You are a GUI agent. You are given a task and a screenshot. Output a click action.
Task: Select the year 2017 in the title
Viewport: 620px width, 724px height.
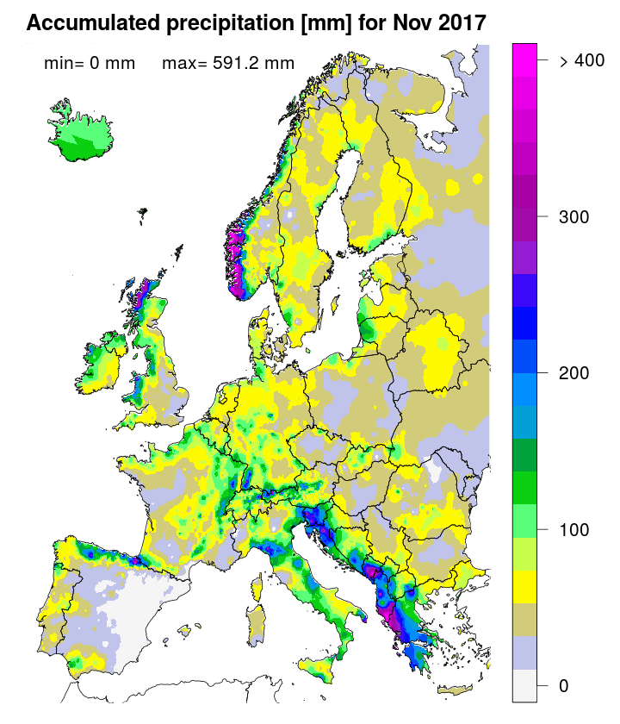click(x=463, y=23)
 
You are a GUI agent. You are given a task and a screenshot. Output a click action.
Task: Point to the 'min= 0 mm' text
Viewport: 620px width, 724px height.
click(x=89, y=63)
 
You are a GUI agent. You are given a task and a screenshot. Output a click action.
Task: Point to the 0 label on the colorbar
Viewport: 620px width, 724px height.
click(x=563, y=685)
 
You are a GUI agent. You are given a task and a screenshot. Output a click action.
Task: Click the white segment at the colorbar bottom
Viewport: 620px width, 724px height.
click(x=524, y=685)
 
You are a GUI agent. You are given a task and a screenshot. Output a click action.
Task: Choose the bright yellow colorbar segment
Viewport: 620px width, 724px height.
click(x=524, y=588)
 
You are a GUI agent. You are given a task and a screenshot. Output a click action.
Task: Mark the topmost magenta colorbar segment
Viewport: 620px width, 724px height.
click(x=524, y=52)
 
